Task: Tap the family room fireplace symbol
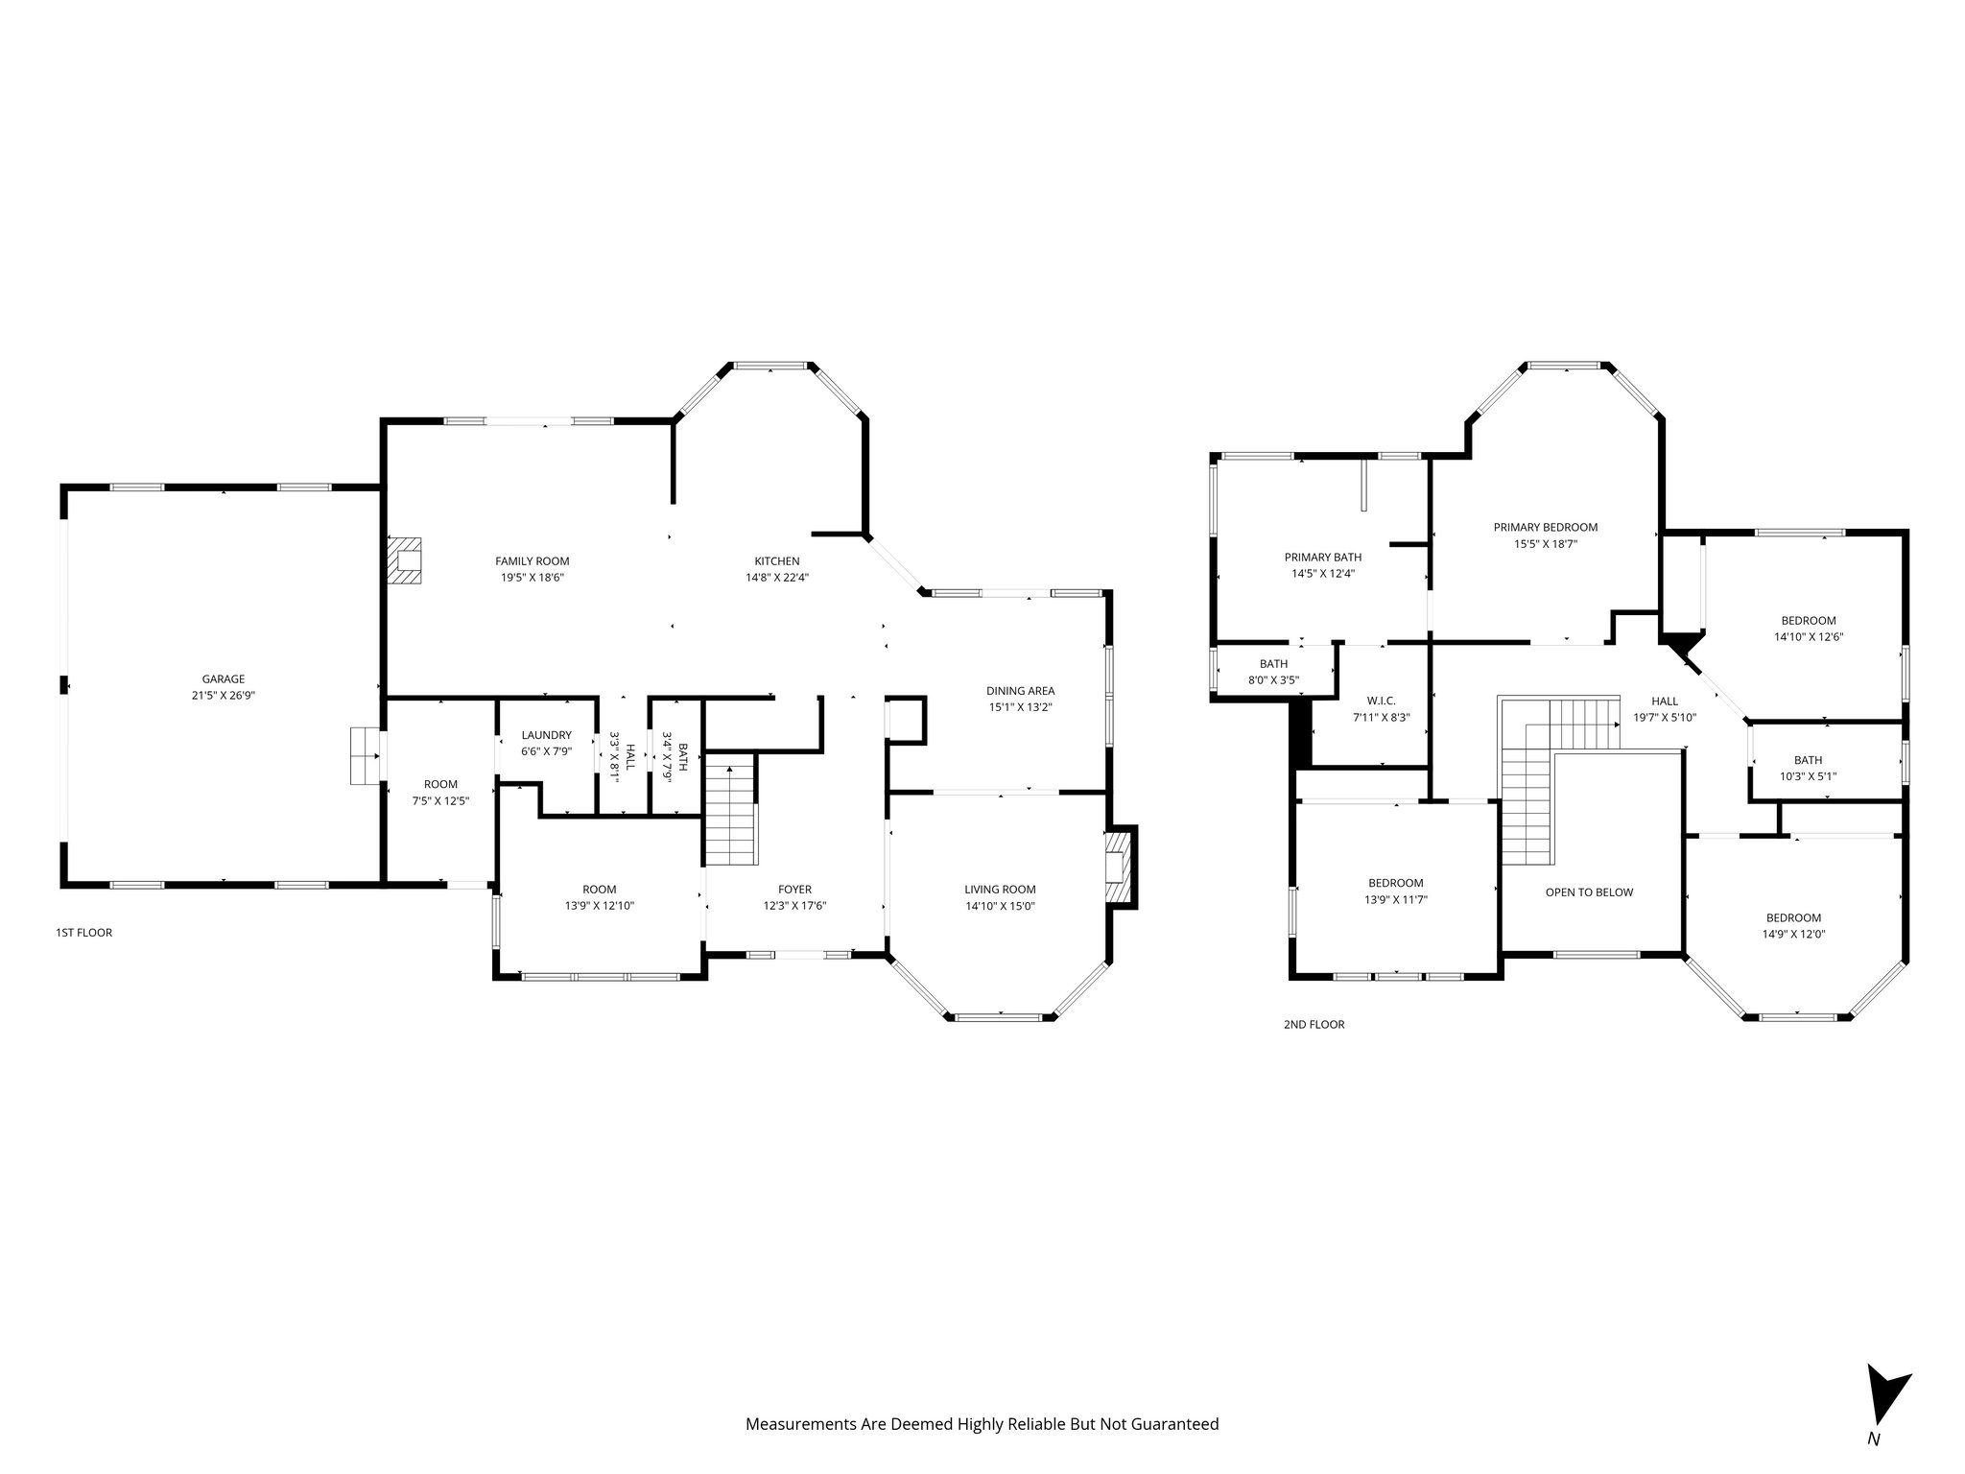click(405, 561)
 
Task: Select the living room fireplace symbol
click(1119, 868)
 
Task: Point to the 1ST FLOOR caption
click(83, 932)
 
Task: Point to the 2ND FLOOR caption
click(1314, 1024)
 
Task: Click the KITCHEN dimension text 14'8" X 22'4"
click(776, 578)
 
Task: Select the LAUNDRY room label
click(546, 735)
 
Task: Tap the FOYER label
click(794, 890)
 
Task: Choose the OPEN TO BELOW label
click(1589, 892)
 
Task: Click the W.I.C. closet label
click(1381, 701)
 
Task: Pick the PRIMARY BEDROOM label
click(1545, 527)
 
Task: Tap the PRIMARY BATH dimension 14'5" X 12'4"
click(1322, 573)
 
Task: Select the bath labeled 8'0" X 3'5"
click(1273, 672)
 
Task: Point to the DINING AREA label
click(1020, 690)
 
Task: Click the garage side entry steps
click(365, 756)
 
